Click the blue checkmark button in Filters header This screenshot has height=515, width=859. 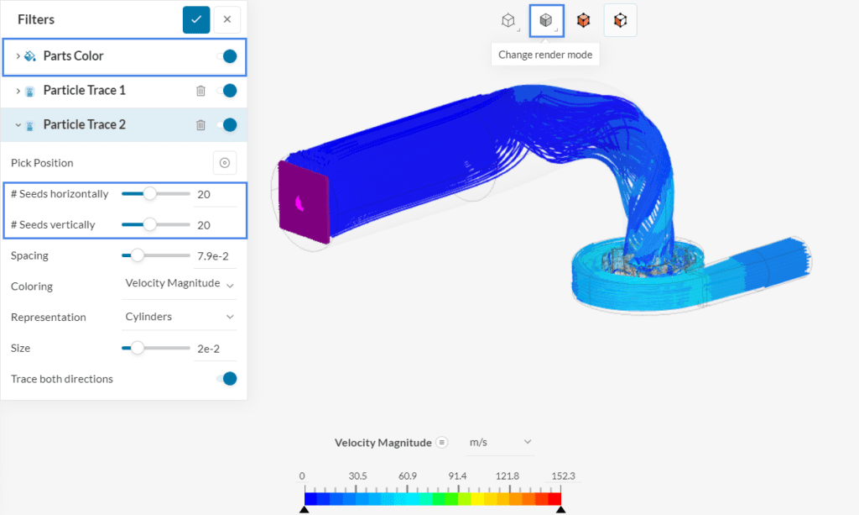click(x=196, y=19)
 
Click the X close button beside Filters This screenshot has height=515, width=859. click(x=226, y=19)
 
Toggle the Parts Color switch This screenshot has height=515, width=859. click(x=226, y=56)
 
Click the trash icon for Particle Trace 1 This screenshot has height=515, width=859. click(x=200, y=91)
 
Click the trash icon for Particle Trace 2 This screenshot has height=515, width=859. click(x=200, y=125)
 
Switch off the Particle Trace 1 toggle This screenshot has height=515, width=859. click(x=226, y=91)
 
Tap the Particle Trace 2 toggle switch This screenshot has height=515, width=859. click(x=226, y=125)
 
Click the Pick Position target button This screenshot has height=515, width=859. click(x=224, y=163)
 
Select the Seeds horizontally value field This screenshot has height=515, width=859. click(x=214, y=194)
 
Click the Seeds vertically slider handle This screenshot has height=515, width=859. click(x=149, y=224)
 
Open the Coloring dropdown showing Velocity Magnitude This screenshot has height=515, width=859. click(x=180, y=285)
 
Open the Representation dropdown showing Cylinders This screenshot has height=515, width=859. click(x=180, y=317)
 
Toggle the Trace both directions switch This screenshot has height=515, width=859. click(x=226, y=379)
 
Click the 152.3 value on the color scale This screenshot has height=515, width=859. click(x=564, y=476)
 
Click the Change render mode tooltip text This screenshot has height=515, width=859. click(x=545, y=55)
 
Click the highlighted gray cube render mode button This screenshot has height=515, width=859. click(x=546, y=20)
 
